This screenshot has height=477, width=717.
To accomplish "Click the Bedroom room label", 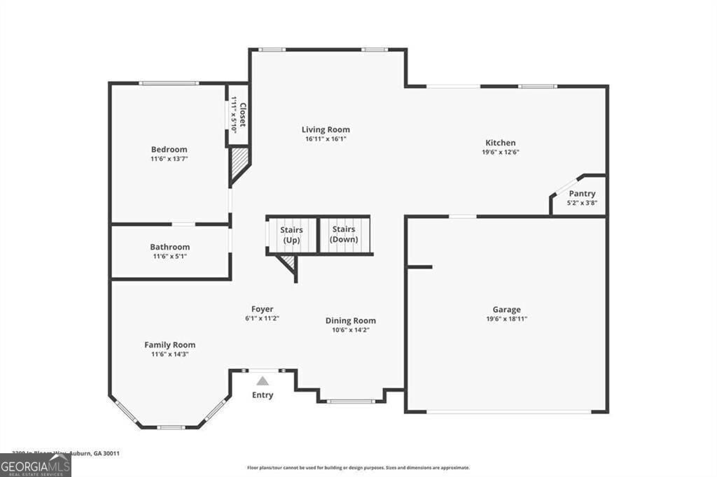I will click(169, 149).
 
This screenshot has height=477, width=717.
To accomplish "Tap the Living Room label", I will click(326, 129).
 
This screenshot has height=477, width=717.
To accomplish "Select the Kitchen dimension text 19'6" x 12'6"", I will click(500, 152).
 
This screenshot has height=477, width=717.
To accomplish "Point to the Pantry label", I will click(582, 194).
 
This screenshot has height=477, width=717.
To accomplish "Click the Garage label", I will click(506, 309).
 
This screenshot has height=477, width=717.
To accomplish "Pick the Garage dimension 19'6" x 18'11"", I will click(506, 319).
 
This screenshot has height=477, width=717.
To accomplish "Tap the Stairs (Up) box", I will click(291, 234).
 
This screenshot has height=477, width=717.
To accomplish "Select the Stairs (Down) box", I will click(344, 234).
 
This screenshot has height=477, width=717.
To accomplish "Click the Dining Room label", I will click(351, 321).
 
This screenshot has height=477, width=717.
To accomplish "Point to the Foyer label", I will click(263, 308).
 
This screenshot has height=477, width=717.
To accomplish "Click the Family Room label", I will click(169, 345).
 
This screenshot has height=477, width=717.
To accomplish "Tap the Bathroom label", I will click(169, 247).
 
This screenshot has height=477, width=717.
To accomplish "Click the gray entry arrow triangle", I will click(263, 381).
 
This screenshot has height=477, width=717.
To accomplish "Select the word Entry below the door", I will click(263, 395).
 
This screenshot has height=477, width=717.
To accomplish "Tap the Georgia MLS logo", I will click(35, 465).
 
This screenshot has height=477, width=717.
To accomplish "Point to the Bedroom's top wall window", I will click(168, 83).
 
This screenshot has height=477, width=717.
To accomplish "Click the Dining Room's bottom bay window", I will click(350, 401).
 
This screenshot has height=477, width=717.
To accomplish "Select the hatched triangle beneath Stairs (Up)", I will click(287, 262).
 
